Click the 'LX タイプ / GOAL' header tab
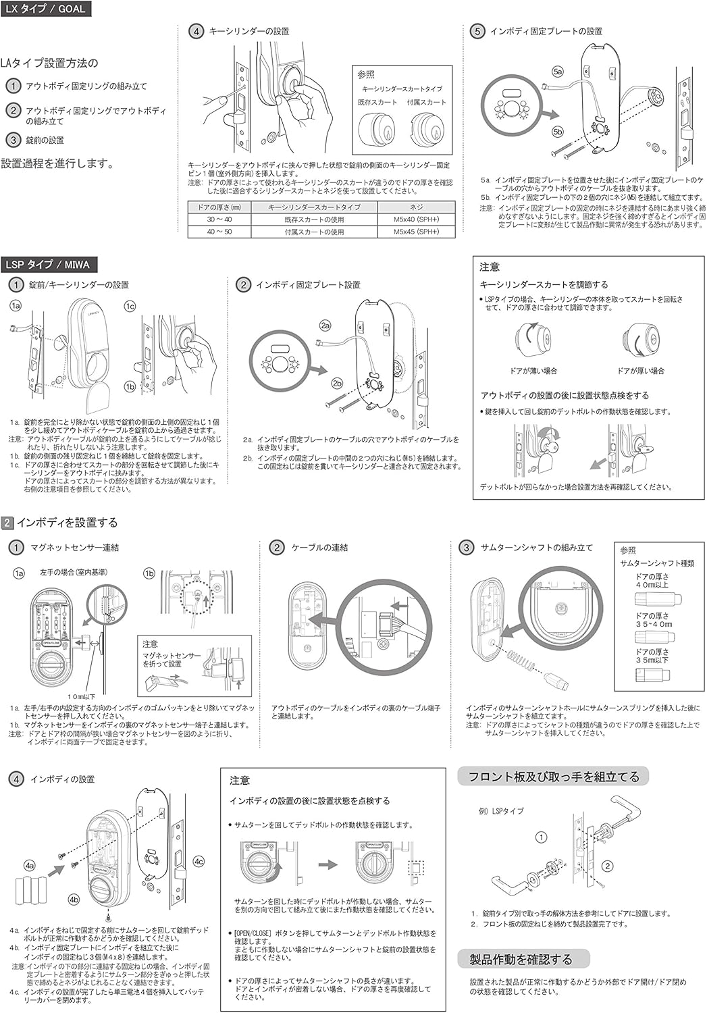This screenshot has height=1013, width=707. point(45,9)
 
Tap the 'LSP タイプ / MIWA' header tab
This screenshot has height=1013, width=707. point(47,265)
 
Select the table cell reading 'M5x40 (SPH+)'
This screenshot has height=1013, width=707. point(416,219)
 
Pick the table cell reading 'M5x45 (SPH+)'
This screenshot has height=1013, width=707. point(416,232)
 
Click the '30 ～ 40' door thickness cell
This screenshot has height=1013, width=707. point(219,219)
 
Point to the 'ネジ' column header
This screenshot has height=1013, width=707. point(416,207)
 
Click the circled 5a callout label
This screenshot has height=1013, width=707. point(557,71)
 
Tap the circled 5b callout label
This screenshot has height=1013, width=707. point(557,131)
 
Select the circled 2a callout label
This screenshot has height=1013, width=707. point(325,326)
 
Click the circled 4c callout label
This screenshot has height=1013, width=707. point(199,862)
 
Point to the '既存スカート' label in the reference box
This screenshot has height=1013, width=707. point(377,102)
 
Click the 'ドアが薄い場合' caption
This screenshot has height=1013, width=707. point(533,371)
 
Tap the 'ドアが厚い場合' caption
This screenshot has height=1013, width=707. point(641,371)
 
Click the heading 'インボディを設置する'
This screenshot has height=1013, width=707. point(67,522)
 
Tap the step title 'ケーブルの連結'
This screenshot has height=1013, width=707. point(319,548)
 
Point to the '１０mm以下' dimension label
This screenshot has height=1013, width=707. point(81,696)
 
